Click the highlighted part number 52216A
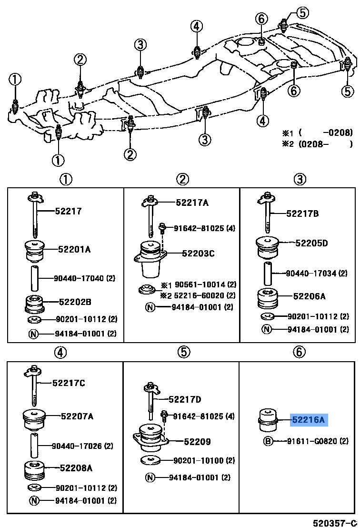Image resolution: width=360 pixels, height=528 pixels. tap(308, 420)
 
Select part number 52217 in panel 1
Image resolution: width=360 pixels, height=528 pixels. tap(68, 211)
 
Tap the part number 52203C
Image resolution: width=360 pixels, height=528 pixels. tap(198, 254)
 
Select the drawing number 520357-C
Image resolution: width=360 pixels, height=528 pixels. tap(334, 523)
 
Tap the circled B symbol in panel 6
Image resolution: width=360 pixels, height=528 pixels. tap(268, 441)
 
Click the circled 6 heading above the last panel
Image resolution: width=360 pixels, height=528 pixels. tap(298, 352)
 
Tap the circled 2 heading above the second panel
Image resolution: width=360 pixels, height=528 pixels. tap(182, 179)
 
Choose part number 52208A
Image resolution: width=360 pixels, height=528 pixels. tap(76, 468)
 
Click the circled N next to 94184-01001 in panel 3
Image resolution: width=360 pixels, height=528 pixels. tap(267, 329)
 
